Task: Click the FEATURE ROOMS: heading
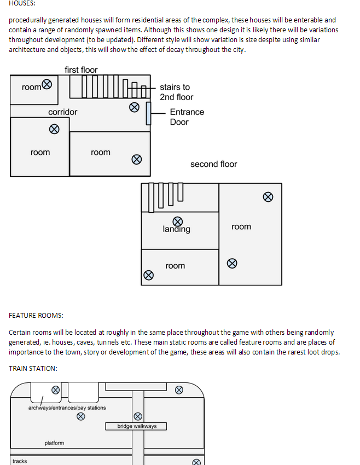(x=36, y=316)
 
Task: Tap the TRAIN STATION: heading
(x=33, y=368)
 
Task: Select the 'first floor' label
(x=81, y=69)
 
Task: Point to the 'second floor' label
(x=213, y=164)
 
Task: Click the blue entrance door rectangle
(x=148, y=113)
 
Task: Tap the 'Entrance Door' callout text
(x=187, y=117)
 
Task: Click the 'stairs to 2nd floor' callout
(x=176, y=92)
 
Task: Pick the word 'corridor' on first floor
(x=63, y=112)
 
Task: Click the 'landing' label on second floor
(x=177, y=229)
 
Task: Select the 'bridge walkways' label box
(x=136, y=426)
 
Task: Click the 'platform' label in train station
(x=54, y=443)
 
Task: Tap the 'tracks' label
(x=20, y=461)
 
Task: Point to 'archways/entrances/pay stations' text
(x=67, y=408)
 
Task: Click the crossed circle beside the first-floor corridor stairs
(x=134, y=107)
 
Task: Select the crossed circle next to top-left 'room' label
(x=48, y=84)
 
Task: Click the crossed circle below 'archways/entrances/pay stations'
(x=80, y=416)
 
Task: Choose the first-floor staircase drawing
(x=109, y=87)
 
